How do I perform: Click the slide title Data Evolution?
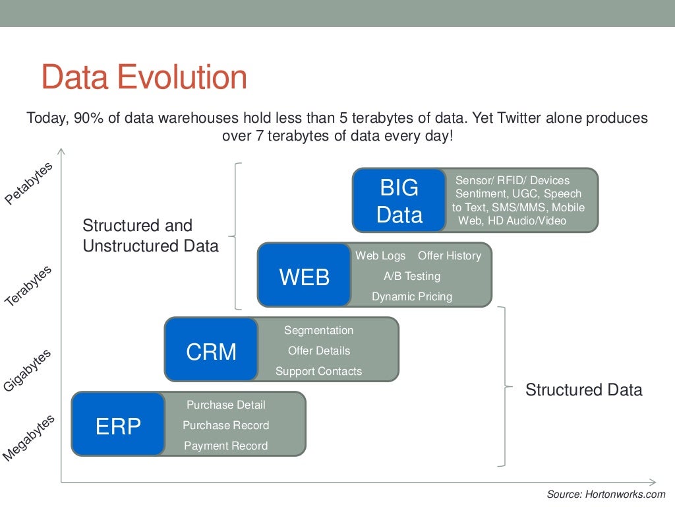coord(144,77)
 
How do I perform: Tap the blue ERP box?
coord(118,424)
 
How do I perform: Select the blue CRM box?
coord(211,350)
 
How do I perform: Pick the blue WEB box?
coord(304,275)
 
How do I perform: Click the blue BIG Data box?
coord(399,201)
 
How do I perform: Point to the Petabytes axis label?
coord(28,184)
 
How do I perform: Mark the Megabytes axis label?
coord(28,438)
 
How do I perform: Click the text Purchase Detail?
coord(226,405)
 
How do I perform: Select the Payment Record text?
coord(226,446)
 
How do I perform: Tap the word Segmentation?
coord(318,330)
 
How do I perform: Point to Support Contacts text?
coord(318,371)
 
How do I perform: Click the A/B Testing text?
coord(412,276)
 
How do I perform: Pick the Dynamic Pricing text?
coord(412,296)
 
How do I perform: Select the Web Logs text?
coord(380,255)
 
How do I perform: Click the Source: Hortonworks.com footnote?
coord(606,494)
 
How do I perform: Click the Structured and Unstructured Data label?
coord(150,236)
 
